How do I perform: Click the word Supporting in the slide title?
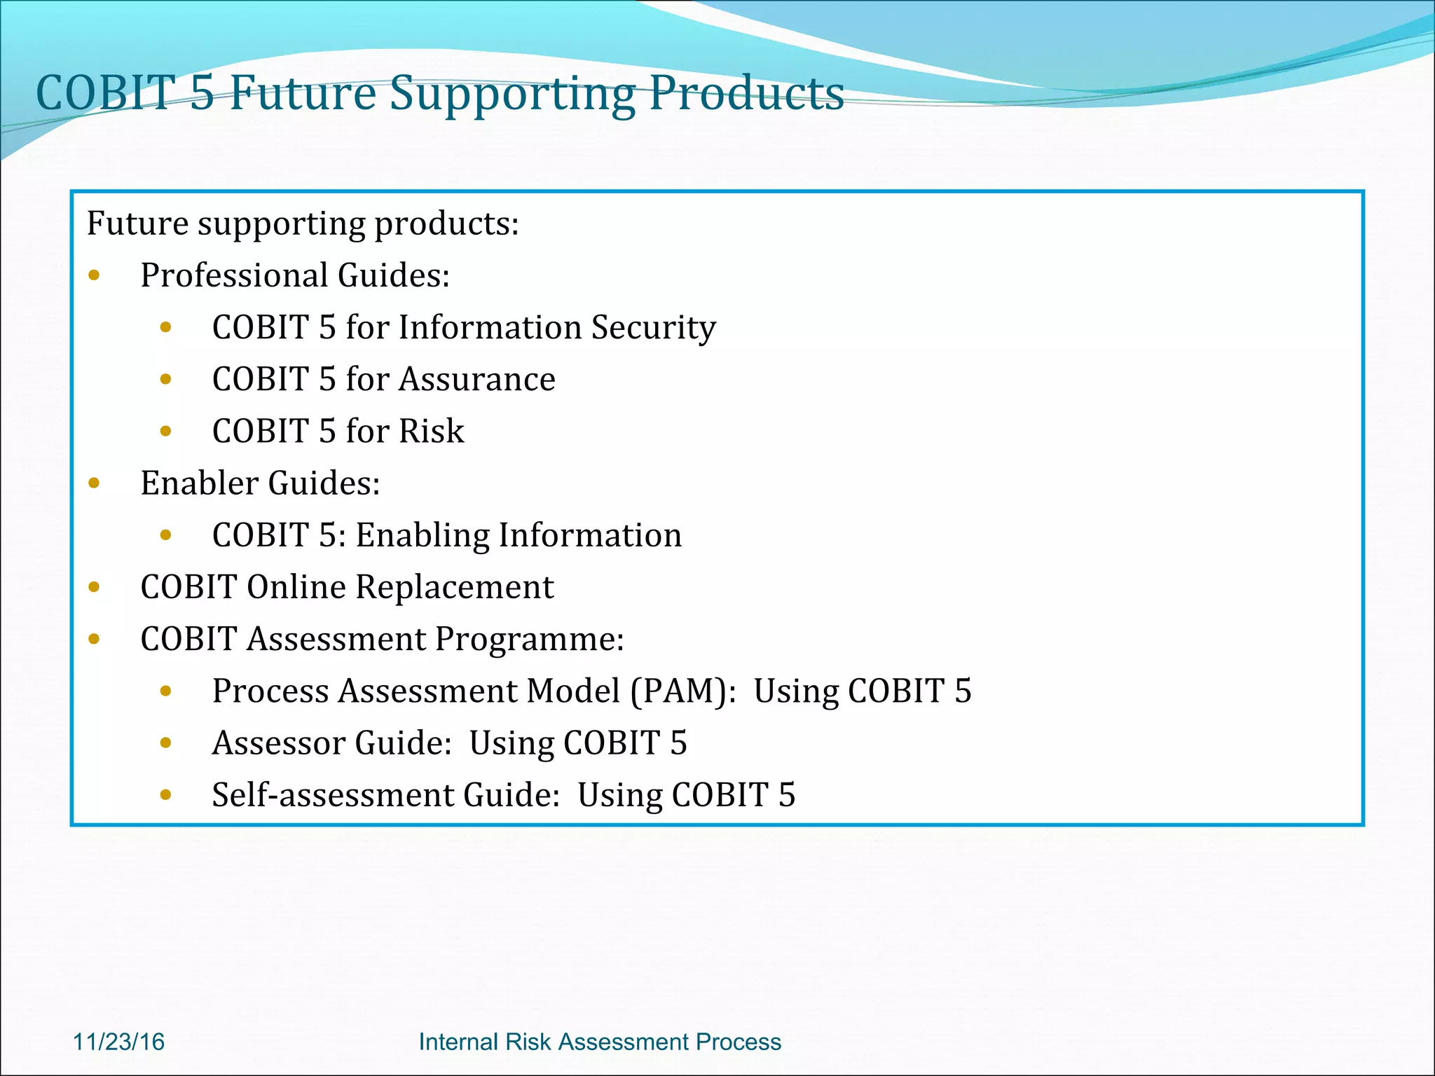point(511,93)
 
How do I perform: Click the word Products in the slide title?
point(746,93)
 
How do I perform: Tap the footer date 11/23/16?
point(118,1042)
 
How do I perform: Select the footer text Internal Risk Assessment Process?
point(600,1042)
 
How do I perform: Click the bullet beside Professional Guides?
point(95,275)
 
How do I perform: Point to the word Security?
point(653,328)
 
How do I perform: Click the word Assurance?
point(477,380)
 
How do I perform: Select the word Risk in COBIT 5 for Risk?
point(431,432)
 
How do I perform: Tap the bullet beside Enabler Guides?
point(95,483)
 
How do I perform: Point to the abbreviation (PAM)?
point(678,691)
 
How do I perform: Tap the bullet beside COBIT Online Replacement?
point(95,587)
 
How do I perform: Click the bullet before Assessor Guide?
point(166,743)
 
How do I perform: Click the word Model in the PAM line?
point(572,691)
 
